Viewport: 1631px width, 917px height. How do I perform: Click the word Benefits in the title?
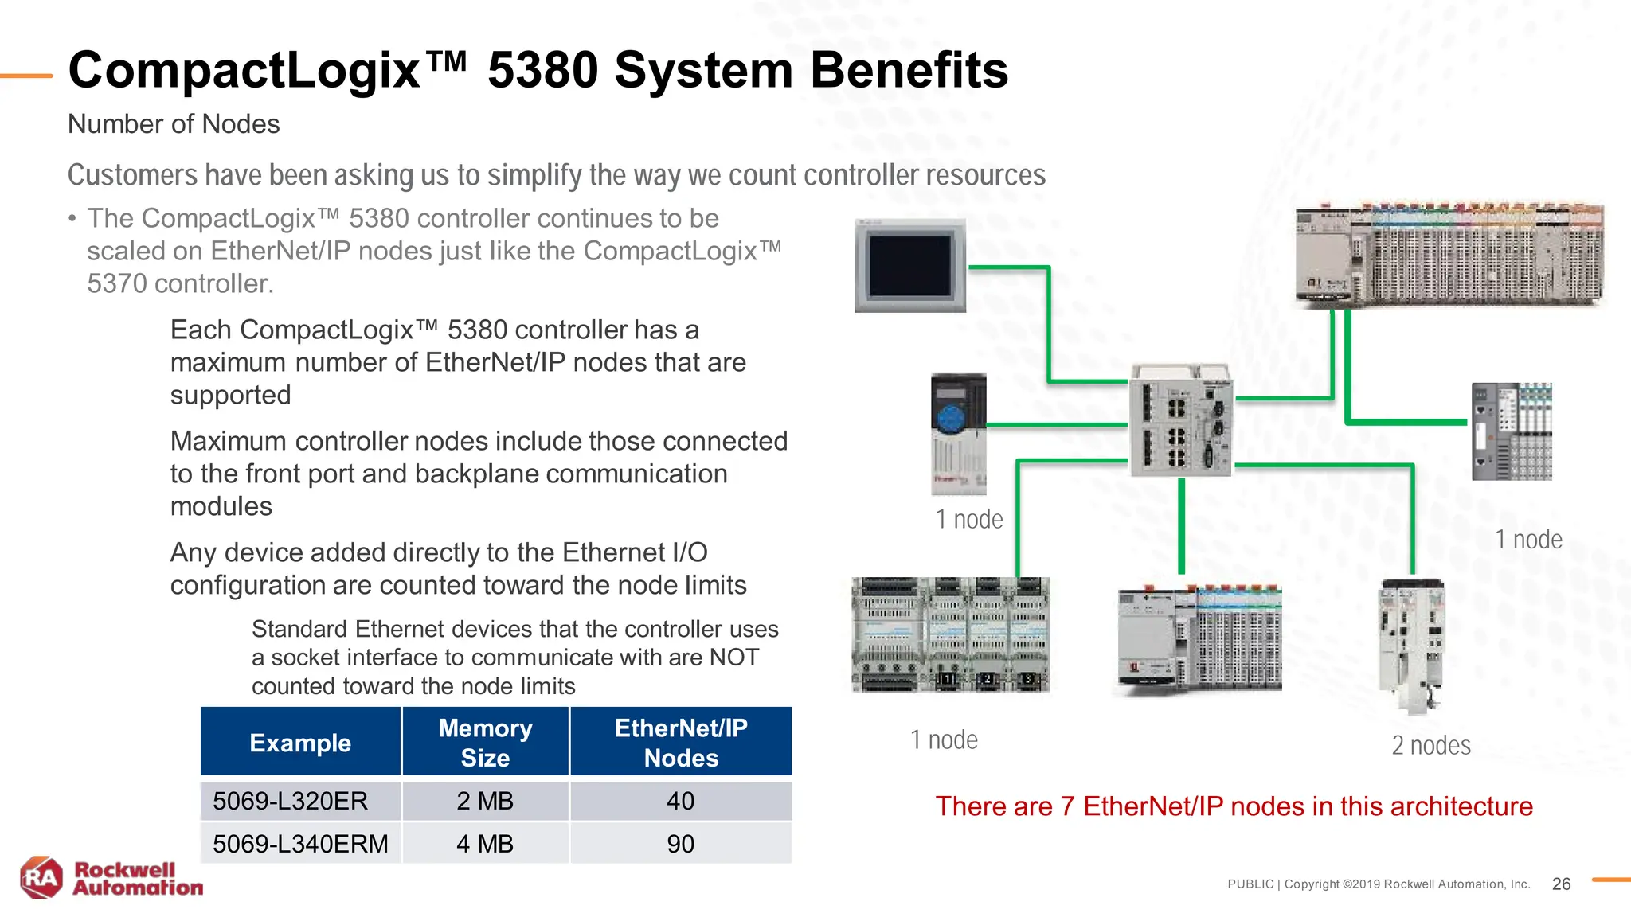(909, 70)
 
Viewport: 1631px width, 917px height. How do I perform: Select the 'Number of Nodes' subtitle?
(174, 124)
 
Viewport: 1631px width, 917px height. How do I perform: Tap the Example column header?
(300, 743)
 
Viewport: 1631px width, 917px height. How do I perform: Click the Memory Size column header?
(485, 742)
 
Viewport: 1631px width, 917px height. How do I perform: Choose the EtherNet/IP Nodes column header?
(681, 742)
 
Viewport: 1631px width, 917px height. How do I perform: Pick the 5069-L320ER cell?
(291, 801)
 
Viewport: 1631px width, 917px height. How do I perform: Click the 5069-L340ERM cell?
(300, 844)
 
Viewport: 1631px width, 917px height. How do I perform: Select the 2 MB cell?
(485, 801)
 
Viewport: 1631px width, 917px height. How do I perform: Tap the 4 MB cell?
(485, 844)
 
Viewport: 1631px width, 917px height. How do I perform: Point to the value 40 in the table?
(681, 801)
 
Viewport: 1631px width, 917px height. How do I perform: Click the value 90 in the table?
(681, 844)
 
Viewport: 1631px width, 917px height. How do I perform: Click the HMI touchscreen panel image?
(910, 266)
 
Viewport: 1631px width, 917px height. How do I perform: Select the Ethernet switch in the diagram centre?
(1181, 420)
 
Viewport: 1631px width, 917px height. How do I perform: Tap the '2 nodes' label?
(1431, 746)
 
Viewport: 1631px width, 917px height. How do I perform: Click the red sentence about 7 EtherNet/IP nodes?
(1234, 806)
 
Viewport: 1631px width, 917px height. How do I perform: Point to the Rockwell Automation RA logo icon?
(41, 878)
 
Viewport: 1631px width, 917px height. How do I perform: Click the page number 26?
(1561, 884)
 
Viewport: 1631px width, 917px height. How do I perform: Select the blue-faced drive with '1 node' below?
(958, 434)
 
